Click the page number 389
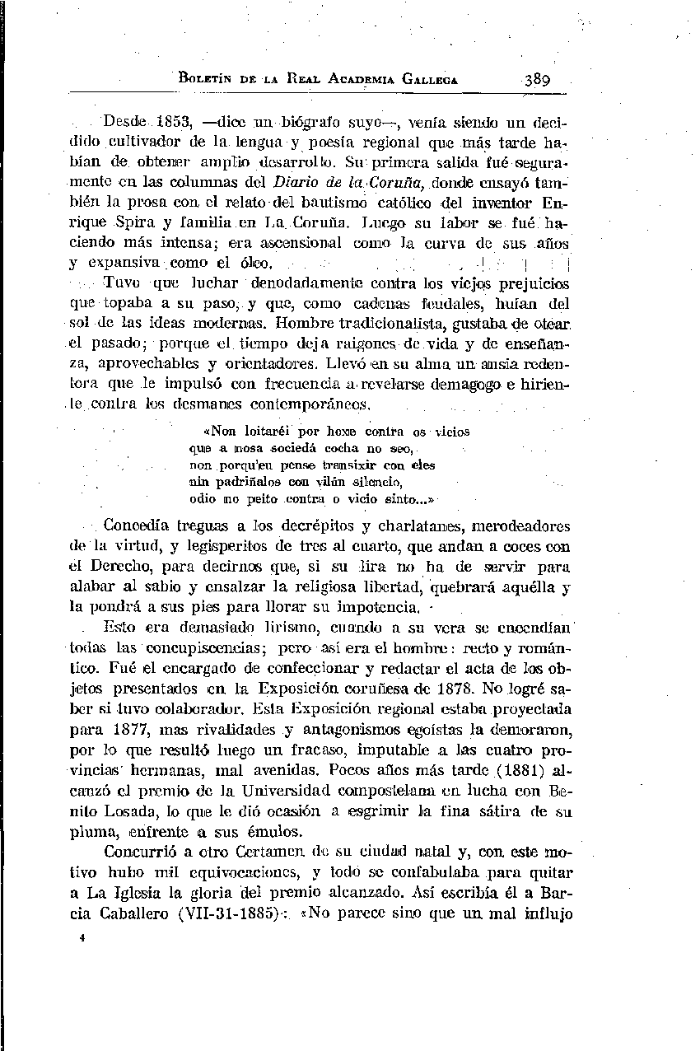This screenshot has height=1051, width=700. [536, 80]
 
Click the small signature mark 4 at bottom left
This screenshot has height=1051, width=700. [73, 937]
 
